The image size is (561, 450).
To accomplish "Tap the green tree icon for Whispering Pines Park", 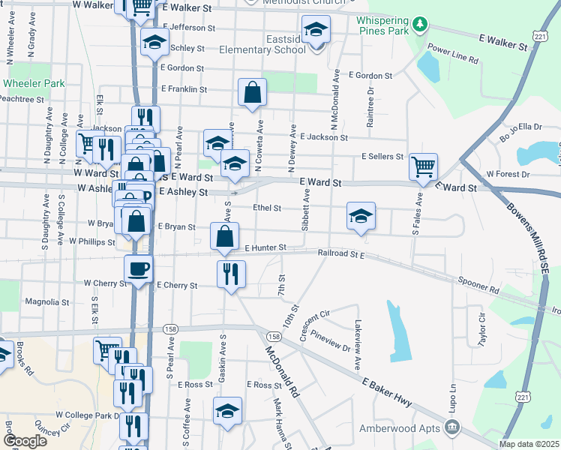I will [x=421, y=25].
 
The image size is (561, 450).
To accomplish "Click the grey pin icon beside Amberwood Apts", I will [x=453, y=427].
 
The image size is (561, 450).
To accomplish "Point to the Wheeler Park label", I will [x=34, y=84].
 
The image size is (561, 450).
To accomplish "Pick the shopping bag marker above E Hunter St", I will [x=225, y=236].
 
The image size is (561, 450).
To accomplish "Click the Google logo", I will [x=25, y=441].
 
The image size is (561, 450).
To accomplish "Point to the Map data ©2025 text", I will [x=529, y=444].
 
